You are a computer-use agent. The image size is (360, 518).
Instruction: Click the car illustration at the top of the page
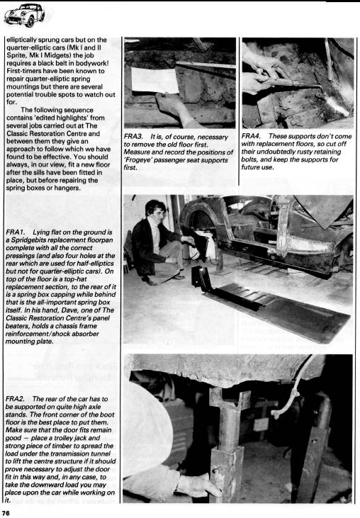[24, 15]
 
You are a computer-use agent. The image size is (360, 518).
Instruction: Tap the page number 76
[6, 513]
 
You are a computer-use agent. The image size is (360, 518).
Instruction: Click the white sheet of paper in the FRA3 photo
[154, 81]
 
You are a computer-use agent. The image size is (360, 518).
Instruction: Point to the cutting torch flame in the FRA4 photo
[336, 106]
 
